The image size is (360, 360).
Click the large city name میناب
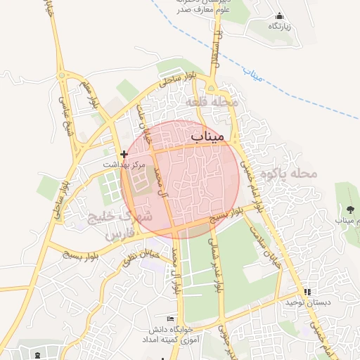(x=207, y=134)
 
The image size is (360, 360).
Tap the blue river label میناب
(x=252, y=73)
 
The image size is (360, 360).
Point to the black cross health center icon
(x=124, y=154)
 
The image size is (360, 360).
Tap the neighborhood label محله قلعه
(x=213, y=103)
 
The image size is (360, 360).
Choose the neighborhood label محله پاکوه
(x=284, y=173)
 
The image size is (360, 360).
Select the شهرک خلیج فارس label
(x=120, y=226)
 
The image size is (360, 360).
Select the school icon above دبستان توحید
(x=307, y=292)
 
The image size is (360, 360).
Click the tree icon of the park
(x=349, y=210)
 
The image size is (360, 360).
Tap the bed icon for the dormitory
(x=169, y=319)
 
